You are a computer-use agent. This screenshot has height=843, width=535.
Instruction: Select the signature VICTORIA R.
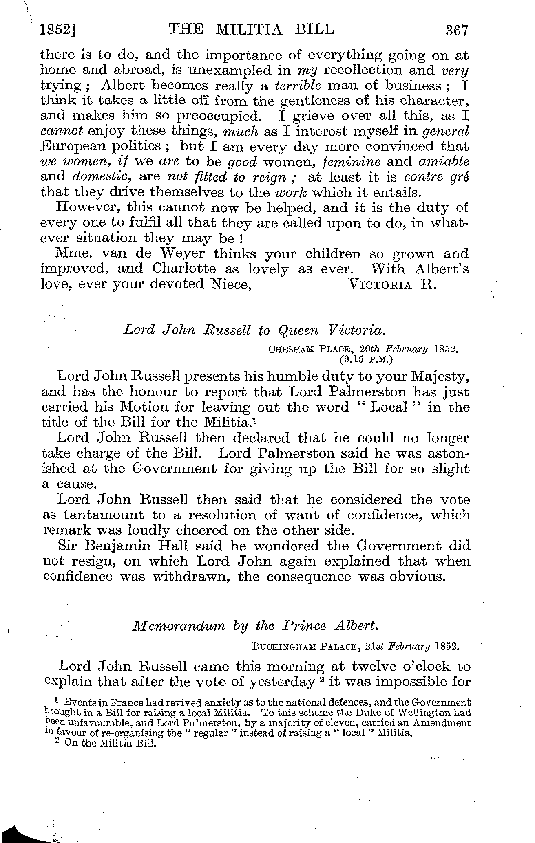393,284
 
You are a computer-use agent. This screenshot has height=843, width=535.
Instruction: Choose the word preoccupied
218,117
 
